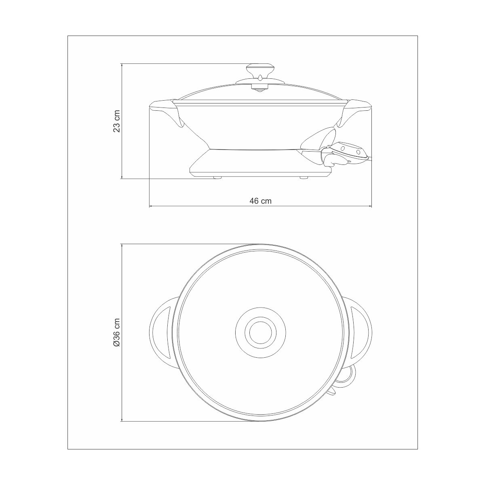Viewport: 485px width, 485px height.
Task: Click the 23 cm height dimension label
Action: (116, 121)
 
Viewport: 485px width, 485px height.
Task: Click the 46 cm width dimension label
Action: (260, 201)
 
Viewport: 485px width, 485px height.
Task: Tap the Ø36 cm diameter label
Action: (116, 333)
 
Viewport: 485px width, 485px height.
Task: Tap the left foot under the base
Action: (217, 178)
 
